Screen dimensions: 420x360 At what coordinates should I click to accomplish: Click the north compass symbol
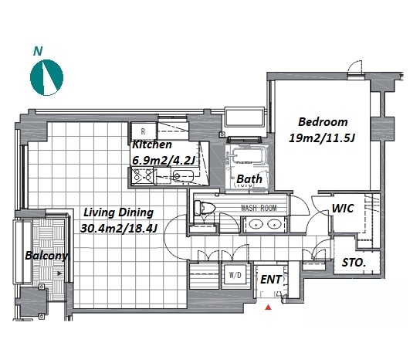click(46, 77)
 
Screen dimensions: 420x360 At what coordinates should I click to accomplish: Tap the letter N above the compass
click(38, 51)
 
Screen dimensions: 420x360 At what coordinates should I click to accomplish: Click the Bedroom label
click(323, 122)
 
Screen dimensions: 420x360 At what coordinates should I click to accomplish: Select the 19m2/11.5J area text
click(322, 138)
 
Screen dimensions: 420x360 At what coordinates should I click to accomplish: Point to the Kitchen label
click(152, 144)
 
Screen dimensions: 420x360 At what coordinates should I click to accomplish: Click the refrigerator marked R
click(144, 131)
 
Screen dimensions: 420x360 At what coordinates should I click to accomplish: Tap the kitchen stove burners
click(143, 175)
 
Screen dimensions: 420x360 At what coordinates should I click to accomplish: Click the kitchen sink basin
click(182, 176)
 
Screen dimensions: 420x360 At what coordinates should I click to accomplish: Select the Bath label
click(249, 179)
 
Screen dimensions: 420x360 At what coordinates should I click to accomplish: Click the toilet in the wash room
click(205, 208)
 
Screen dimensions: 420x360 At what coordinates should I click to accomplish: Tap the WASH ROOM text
click(259, 208)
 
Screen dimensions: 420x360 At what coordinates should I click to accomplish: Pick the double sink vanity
click(264, 224)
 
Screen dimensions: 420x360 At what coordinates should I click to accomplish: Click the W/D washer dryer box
click(235, 275)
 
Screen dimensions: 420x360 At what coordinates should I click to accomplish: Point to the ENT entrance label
click(271, 280)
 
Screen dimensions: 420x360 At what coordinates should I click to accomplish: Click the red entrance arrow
click(268, 307)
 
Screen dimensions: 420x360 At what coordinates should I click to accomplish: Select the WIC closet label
click(343, 209)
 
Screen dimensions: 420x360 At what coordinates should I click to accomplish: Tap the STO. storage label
click(354, 263)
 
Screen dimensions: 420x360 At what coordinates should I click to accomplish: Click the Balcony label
click(47, 256)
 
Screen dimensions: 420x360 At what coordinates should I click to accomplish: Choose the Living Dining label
click(119, 212)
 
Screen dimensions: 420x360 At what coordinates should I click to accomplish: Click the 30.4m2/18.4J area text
click(119, 229)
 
